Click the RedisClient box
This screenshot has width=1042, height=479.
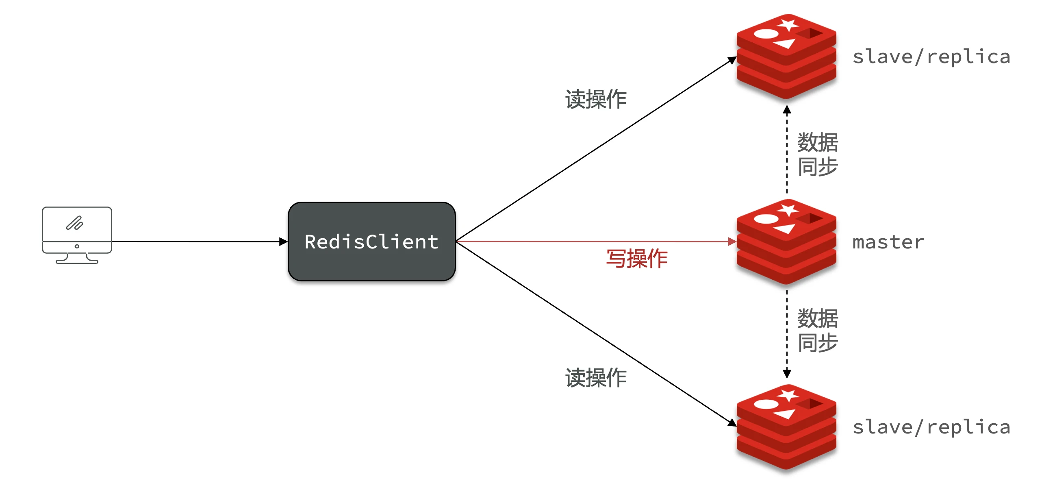371,242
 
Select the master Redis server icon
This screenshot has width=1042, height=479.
786,242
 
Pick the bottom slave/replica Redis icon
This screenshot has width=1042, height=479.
786,427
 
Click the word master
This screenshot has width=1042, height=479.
888,242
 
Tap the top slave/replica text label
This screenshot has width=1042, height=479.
931,57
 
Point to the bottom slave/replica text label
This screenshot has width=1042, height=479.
931,427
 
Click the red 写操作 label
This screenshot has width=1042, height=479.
636,259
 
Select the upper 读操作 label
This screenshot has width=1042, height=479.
596,99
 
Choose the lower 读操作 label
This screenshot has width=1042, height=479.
596,378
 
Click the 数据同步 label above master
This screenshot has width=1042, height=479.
817,155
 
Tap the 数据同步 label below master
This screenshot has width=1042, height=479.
817,330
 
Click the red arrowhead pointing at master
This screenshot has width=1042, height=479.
732,242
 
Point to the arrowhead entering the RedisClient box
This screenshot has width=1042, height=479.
283,242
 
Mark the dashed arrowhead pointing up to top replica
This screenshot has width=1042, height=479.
787,109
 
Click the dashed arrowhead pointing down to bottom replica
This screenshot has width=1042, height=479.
787,374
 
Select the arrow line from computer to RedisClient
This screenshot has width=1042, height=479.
195,242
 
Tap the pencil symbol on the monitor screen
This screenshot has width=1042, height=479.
75,223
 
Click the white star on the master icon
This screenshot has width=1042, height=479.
788,210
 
